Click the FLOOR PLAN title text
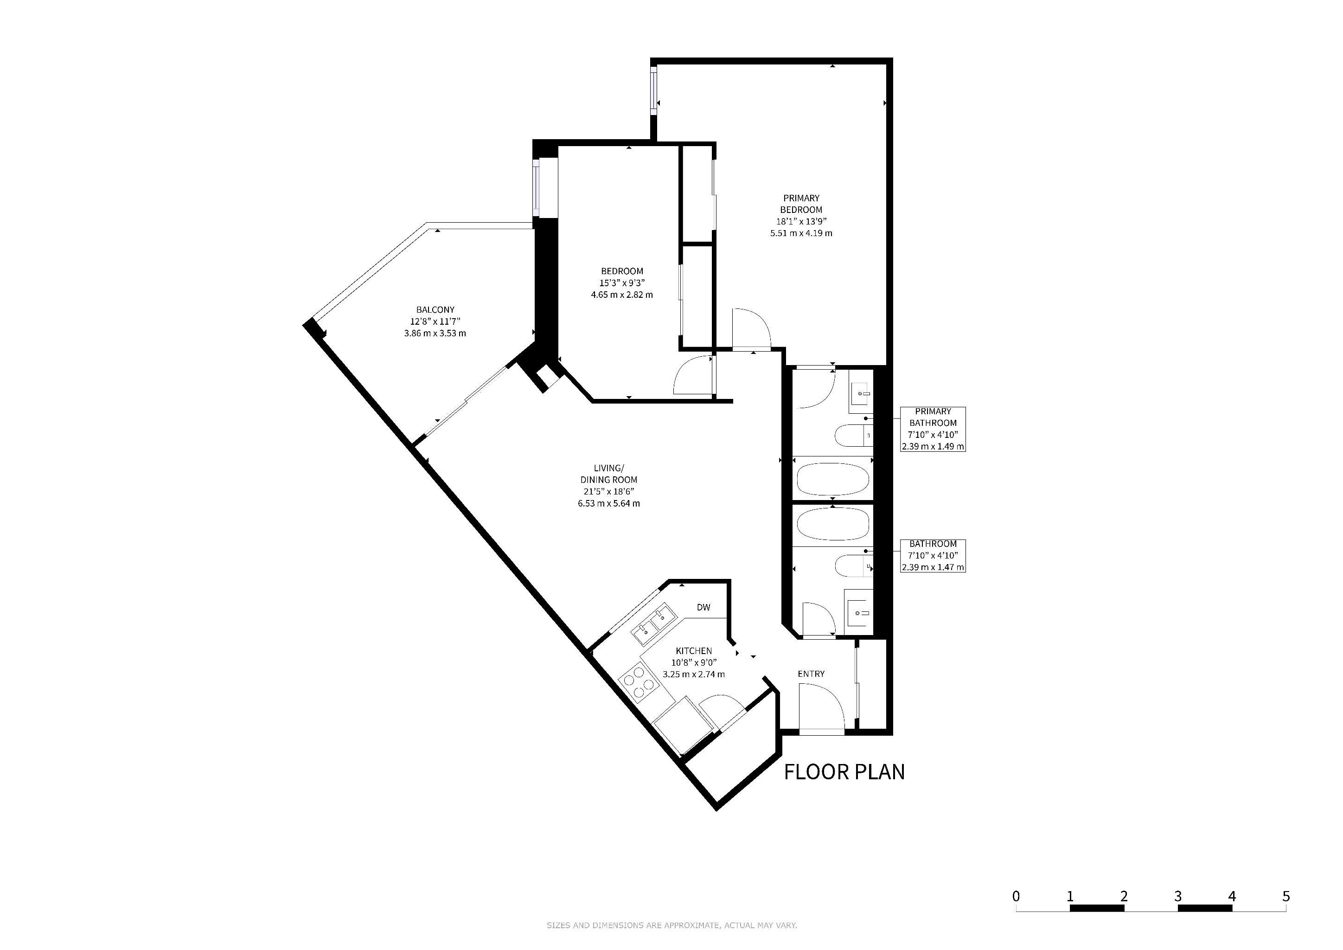point(844,772)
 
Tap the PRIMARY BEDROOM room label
point(801,204)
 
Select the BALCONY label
point(435,309)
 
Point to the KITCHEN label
point(694,650)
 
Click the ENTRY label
point(811,674)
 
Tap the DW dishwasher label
point(703,607)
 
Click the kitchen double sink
point(653,625)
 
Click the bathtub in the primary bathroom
point(832,480)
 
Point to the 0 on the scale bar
point(1016,896)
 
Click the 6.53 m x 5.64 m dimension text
point(609,503)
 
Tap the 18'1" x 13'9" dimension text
point(801,221)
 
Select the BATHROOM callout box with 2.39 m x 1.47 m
point(933,556)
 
